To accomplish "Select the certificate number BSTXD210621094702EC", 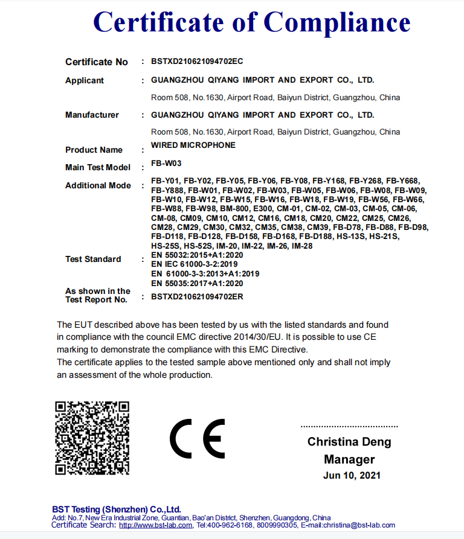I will point(197,62).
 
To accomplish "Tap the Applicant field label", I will point(85,80).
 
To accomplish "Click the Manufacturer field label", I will point(92,115).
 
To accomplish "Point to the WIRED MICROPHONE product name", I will point(193,145).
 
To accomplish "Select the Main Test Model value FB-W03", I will point(166,163).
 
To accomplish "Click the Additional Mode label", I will point(98,185).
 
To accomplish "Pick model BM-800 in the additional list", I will point(234,208).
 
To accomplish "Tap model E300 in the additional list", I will point(263,208).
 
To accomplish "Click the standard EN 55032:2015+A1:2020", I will point(197,255).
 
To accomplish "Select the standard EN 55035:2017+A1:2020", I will point(197,283).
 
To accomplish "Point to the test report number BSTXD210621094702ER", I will point(197,296).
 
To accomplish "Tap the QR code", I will point(92,438).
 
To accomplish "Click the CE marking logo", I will point(197,438).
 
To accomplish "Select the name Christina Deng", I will point(349,442).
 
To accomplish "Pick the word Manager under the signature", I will point(349,459).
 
